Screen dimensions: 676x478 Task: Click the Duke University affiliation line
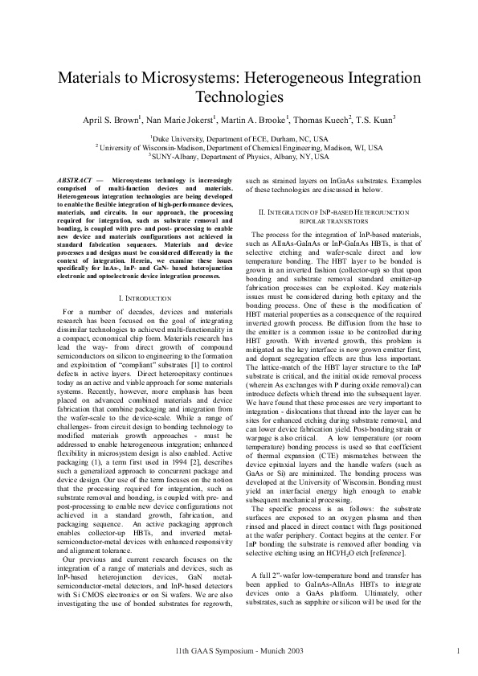(x=239, y=138)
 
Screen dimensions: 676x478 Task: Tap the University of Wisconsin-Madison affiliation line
(x=239, y=147)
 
